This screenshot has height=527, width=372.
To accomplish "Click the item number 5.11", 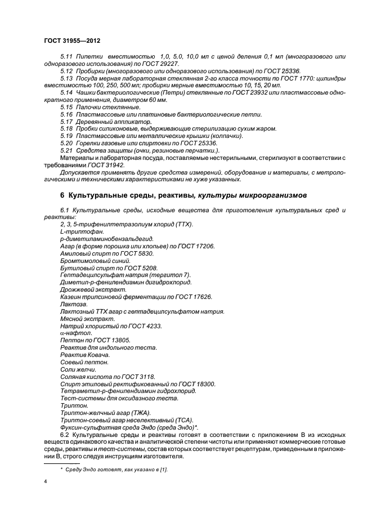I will point(66,57).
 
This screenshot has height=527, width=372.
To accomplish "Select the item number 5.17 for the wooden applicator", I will point(66,122).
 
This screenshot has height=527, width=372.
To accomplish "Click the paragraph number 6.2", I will point(65,434).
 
